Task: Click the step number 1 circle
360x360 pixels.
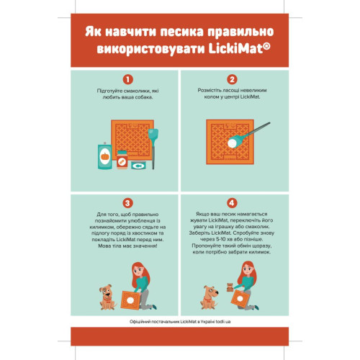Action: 128,79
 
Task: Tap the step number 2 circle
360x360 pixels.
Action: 232,79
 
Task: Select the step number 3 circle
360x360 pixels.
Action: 128,204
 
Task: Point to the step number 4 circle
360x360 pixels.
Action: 232,204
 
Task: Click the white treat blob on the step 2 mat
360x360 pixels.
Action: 232,143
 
